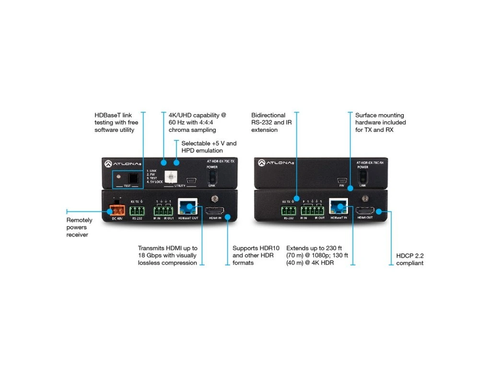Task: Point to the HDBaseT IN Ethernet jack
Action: [338, 207]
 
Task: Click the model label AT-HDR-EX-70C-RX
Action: [370, 163]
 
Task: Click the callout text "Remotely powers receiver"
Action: [77, 228]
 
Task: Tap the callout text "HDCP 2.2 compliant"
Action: [409, 259]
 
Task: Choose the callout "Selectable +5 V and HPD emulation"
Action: [209, 147]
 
